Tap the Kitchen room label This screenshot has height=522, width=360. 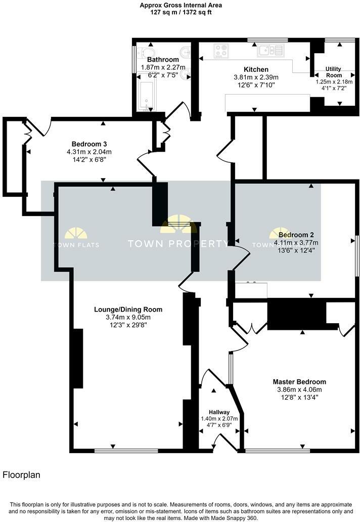(x=256, y=69)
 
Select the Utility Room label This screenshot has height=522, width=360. (x=333, y=72)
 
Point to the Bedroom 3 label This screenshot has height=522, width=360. (x=88, y=143)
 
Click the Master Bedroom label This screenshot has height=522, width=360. (x=299, y=382)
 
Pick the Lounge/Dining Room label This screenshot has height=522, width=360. (x=128, y=309)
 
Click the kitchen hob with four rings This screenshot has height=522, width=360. (x=221, y=50)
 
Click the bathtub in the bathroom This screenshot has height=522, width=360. (x=147, y=94)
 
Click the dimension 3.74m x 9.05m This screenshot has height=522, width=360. (x=128, y=317)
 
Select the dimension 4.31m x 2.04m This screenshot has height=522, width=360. (x=88, y=151)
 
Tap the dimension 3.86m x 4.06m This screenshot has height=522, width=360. (x=299, y=389)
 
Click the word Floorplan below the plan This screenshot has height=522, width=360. (x=21, y=475)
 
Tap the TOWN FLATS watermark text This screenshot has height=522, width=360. (x=75, y=245)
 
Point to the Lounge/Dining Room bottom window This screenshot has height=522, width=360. (x=126, y=450)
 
